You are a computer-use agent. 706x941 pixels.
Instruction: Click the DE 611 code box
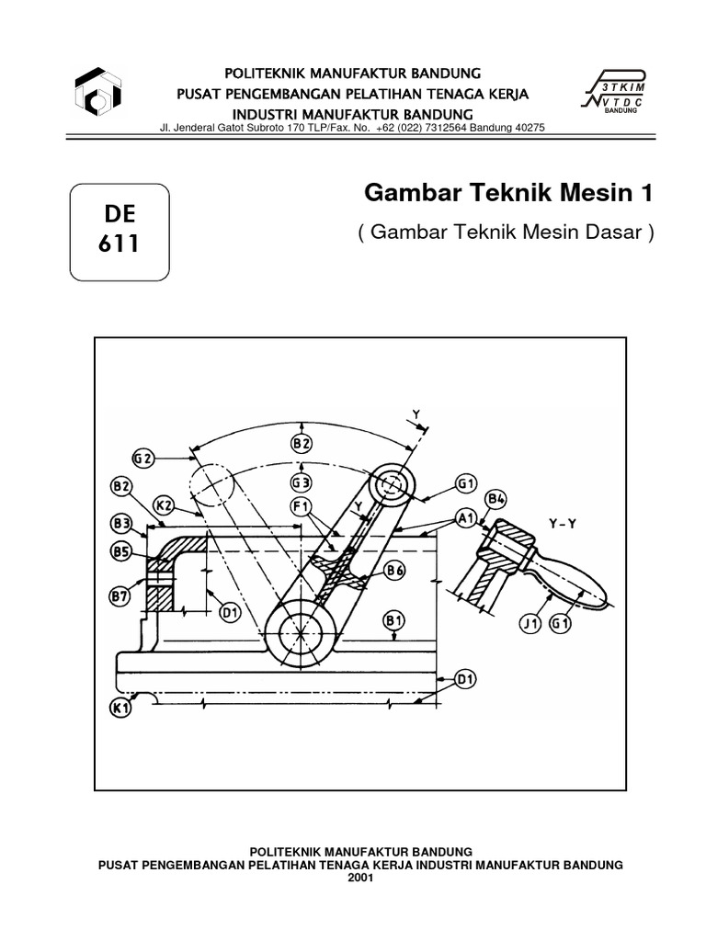pyautogui.click(x=120, y=232)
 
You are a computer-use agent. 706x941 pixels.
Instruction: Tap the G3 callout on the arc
pyautogui.click(x=302, y=481)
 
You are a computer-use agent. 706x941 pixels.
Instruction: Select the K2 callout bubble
pyautogui.click(x=165, y=505)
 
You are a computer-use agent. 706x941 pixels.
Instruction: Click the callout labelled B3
pyautogui.click(x=121, y=524)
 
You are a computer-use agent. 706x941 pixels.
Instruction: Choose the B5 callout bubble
pyautogui.click(x=121, y=551)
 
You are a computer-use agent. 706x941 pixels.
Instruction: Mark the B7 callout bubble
pyautogui.click(x=121, y=596)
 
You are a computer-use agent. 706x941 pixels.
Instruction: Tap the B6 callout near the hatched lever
pyautogui.click(x=395, y=571)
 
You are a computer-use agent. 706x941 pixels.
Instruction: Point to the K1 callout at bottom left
pyautogui.click(x=121, y=709)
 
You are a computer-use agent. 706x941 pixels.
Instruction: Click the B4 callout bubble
pyautogui.click(x=496, y=499)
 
